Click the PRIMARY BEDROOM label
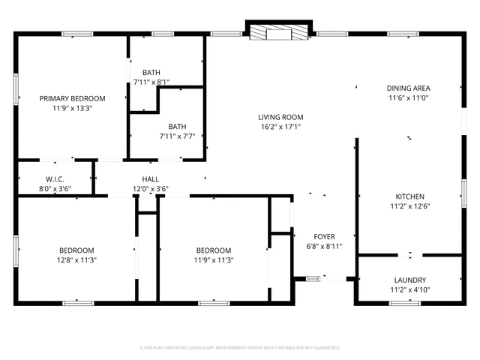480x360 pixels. [72, 98]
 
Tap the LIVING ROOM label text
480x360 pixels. [280, 116]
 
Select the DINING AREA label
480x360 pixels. [408, 88]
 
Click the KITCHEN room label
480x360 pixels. [410, 196]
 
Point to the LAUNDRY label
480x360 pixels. [409, 279]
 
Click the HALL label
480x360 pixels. [151, 179]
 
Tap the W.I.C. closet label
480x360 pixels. [55, 179]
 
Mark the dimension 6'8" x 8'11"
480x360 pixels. [325, 246]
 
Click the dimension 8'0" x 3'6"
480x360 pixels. [55, 189]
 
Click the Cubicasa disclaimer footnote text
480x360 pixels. [240, 348]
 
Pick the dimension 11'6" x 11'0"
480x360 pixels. [408, 97]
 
